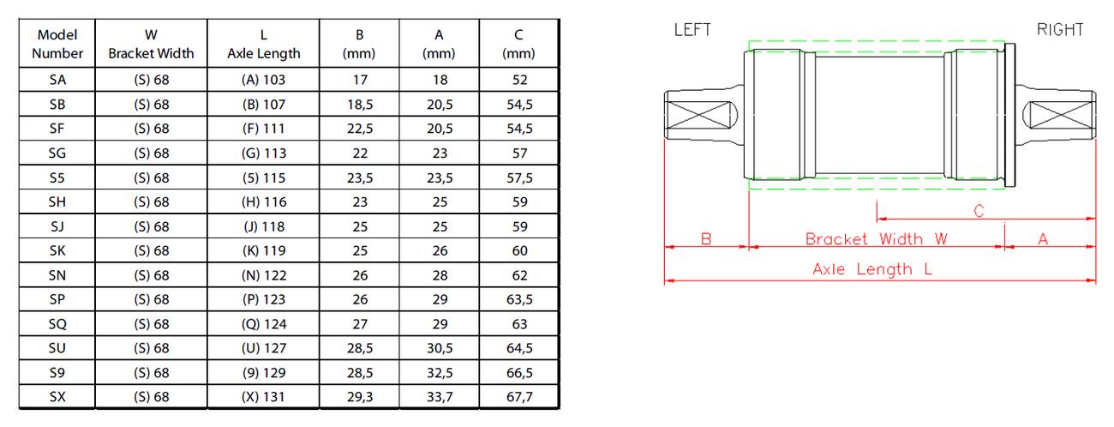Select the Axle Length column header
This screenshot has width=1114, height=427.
click(x=264, y=44)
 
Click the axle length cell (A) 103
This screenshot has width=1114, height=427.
click(x=264, y=81)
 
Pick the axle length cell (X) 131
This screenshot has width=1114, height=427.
click(x=264, y=396)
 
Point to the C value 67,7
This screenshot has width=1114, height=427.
click(x=519, y=396)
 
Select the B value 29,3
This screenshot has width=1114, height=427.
click(x=360, y=396)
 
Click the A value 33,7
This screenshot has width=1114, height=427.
click(x=438, y=396)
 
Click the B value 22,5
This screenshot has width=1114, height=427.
click(x=360, y=129)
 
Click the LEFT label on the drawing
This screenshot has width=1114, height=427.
click(x=692, y=30)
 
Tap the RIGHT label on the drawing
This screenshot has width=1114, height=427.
click(x=1060, y=30)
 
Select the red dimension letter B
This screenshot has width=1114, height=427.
click(x=706, y=239)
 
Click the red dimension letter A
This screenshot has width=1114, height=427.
click(x=1043, y=239)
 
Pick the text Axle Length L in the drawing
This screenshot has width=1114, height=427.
click(x=872, y=269)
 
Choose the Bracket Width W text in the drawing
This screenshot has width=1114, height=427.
click(x=876, y=239)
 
